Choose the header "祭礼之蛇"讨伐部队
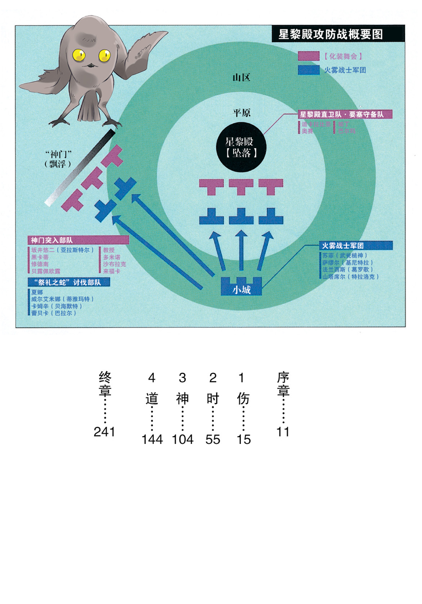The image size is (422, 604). tap(64, 282)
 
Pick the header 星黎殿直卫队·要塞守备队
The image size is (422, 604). tap(345, 114)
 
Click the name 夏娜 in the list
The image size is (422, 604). tap(37, 291)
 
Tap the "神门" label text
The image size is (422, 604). tap(57, 154)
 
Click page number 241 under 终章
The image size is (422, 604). tap(104, 432)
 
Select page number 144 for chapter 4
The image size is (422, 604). tap(152, 439)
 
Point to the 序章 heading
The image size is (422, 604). tap(283, 383)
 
